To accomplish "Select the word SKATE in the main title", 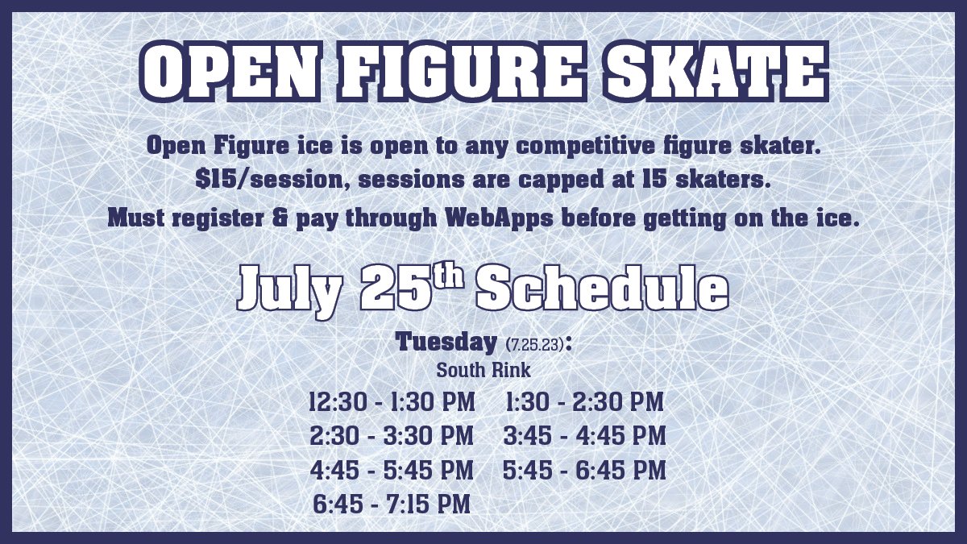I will point(717,73).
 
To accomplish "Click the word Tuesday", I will point(446,342).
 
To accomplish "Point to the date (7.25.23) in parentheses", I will point(536,344).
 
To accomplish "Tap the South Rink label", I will point(483,371).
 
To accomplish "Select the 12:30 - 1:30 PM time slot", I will point(392,401).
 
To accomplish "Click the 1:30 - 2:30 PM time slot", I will point(585,401).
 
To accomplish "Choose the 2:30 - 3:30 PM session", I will point(392,436).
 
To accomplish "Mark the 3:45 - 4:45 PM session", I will point(585,436).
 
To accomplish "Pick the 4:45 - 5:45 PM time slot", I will point(392,470).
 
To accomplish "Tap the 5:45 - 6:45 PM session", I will point(585,470).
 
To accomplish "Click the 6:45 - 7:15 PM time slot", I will point(392,505).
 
